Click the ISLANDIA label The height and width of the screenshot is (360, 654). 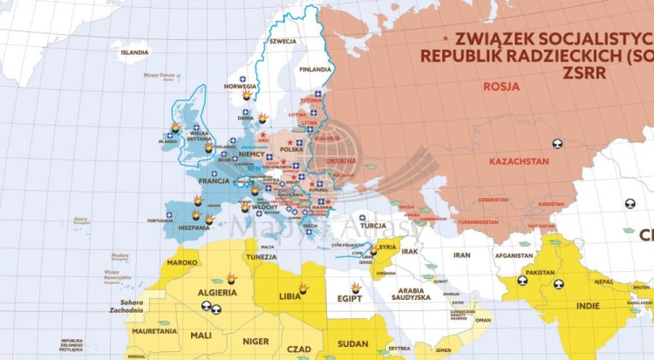point(135,52)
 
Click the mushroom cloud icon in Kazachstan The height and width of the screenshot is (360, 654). point(556,144)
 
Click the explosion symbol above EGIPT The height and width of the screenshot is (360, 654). point(356,288)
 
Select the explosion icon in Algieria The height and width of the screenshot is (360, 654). point(232,278)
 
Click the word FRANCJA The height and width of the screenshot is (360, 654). point(214,181)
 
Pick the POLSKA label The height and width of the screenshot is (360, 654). point(291,149)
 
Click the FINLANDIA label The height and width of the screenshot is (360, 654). point(315,70)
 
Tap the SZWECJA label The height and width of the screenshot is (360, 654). point(283,41)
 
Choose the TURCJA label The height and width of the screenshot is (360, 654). point(372,225)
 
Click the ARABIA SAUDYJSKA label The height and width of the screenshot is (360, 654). point(409,294)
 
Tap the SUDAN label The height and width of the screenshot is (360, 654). point(351,343)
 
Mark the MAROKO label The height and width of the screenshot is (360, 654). point(182,262)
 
